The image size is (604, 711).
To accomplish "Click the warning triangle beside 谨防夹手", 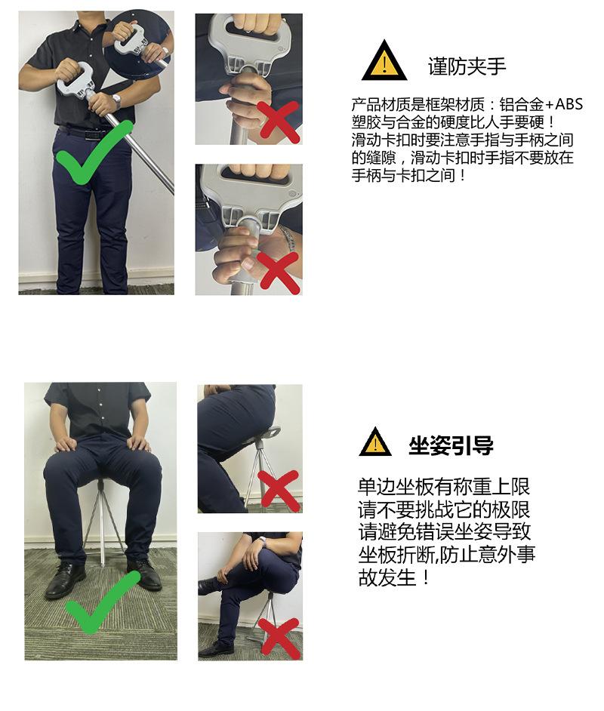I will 384,63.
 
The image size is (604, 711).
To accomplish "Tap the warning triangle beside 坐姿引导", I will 375,443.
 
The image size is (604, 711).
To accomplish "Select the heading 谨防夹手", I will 467,66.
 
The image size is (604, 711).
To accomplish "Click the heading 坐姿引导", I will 451,445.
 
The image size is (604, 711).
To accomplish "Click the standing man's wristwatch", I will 117,100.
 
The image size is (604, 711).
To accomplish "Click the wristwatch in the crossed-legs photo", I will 262,540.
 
